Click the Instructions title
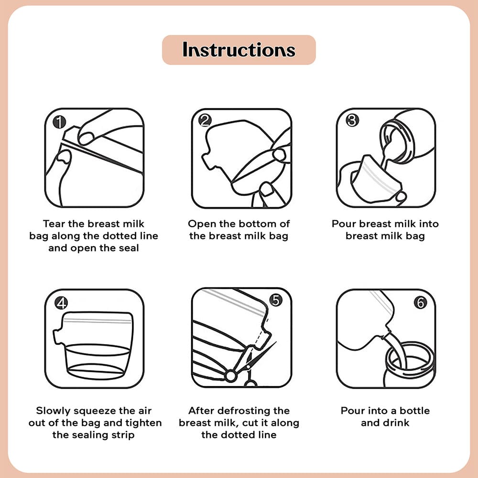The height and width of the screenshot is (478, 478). [239, 50]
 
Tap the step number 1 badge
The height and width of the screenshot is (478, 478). [59, 122]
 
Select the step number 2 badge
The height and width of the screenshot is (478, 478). [205, 120]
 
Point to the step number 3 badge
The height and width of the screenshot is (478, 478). [352, 120]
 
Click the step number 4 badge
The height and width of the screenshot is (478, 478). [61, 303]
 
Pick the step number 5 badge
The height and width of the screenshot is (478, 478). [276, 300]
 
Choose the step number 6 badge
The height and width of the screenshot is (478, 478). [420, 303]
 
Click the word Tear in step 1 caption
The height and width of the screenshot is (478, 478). [54, 224]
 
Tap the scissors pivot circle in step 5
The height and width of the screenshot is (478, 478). [231, 376]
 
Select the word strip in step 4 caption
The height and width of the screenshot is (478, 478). [123, 435]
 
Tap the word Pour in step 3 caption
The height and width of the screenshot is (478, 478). [344, 224]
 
